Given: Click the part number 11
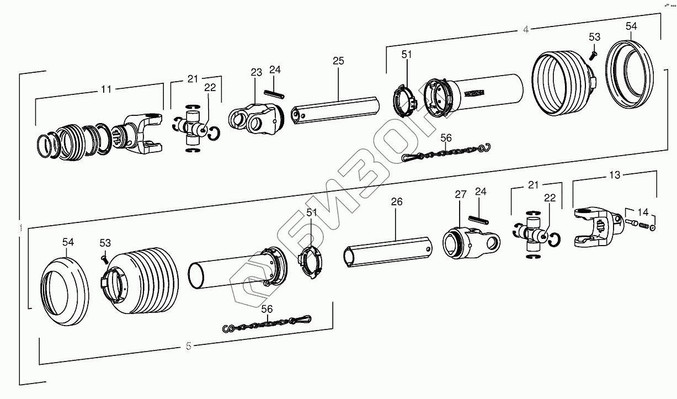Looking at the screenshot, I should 106,88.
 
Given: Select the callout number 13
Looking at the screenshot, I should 614,175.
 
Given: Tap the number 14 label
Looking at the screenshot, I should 643,211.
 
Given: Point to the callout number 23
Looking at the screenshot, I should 255,72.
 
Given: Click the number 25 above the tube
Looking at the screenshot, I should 338,61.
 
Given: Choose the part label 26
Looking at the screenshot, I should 397,202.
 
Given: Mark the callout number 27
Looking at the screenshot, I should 461,194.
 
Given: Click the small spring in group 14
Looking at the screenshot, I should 643,224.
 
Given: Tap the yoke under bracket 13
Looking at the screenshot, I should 593,228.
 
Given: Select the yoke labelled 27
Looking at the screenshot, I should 469,241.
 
